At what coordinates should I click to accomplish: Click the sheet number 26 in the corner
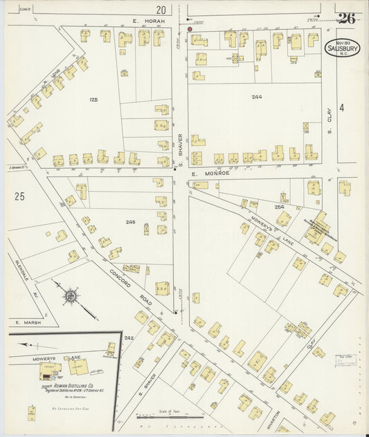[346, 18]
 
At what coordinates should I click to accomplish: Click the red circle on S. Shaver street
[190, 29]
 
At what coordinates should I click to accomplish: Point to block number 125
[93, 100]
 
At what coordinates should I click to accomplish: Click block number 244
[257, 97]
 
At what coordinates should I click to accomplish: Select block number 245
[130, 223]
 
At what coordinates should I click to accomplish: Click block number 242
[128, 337]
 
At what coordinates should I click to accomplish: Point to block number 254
[279, 207]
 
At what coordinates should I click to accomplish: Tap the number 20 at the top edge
[161, 10]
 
